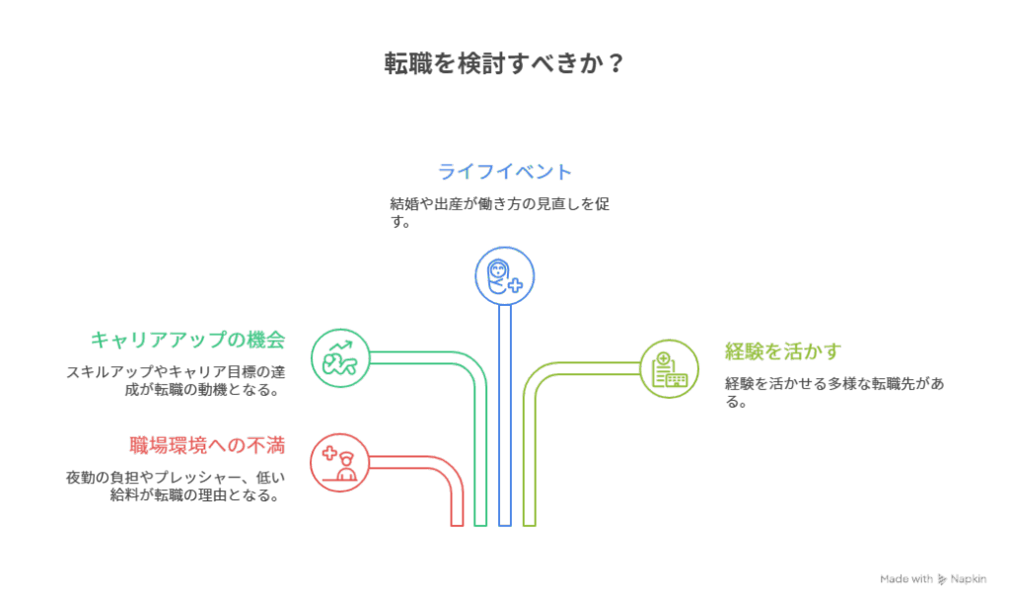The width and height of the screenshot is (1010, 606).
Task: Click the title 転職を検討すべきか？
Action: tap(503, 64)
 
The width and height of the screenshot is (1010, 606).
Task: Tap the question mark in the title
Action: tap(614, 64)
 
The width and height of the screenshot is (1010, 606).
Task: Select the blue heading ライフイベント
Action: tap(504, 172)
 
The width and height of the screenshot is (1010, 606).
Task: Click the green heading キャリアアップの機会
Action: tap(187, 340)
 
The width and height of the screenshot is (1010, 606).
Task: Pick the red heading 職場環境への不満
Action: tap(206, 445)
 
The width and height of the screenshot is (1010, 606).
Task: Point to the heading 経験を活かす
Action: tap(783, 351)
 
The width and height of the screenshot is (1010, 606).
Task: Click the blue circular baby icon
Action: tap(505, 275)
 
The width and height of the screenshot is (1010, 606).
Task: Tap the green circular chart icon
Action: tap(340, 356)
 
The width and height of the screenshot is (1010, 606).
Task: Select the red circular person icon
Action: tap(340, 461)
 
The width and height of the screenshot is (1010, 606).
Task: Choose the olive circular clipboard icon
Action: tap(670, 368)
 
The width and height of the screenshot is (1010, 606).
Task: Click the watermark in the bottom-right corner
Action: tap(932, 579)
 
